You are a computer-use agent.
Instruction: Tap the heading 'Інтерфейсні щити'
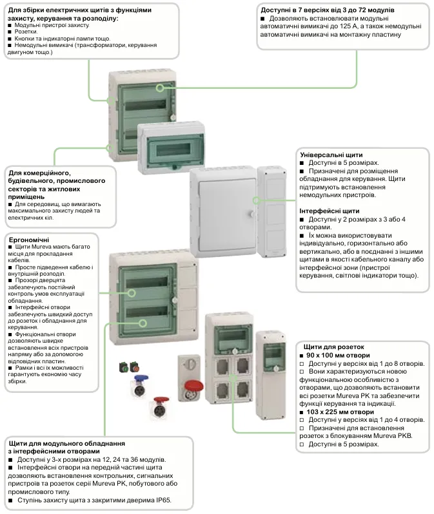tap(330, 211)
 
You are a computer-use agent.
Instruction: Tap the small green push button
tap(123, 368)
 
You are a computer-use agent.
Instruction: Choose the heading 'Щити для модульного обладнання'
tap(66, 444)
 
